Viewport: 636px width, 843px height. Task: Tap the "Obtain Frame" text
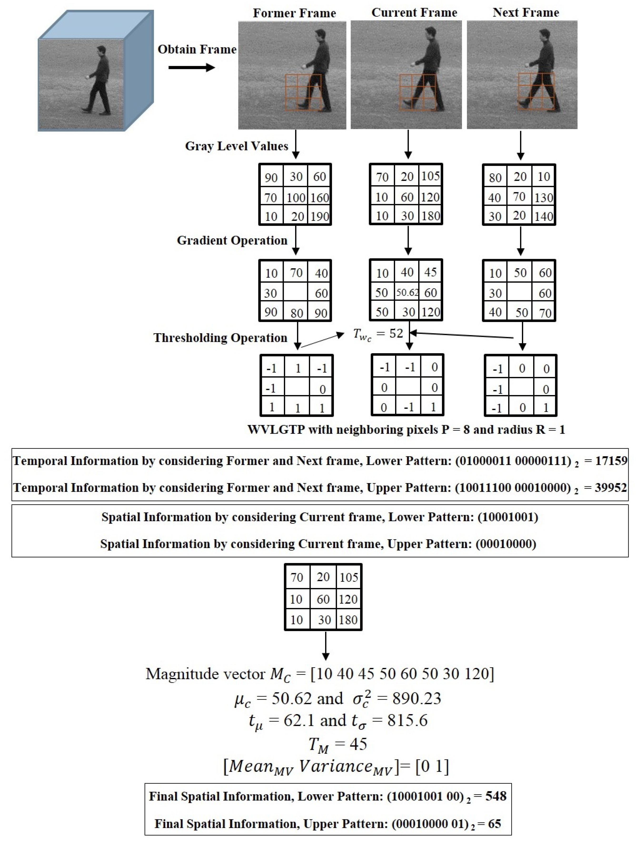click(x=197, y=49)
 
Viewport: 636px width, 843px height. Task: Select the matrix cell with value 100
click(x=296, y=197)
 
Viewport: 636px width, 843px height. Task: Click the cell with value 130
click(x=543, y=197)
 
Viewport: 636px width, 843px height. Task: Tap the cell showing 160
click(x=319, y=197)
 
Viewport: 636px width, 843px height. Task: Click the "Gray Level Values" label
click(x=236, y=146)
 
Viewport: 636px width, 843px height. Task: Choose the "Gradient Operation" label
click(x=232, y=240)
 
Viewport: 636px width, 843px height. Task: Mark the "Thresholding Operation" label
click(x=220, y=338)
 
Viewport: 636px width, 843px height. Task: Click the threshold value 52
click(x=396, y=333)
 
